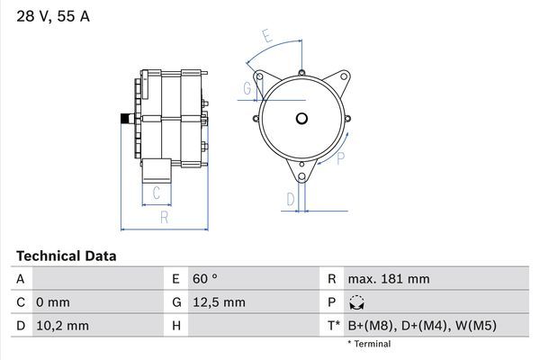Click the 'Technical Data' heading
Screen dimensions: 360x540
tap(66, 256)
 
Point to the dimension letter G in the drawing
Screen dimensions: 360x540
tap(247, 88)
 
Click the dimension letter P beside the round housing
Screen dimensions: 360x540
tap(340, 159)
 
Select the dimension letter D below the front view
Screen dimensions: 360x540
tap(291, 199)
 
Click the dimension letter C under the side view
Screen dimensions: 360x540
tap(156, 193)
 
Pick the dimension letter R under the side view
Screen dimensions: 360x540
tap(164, 217)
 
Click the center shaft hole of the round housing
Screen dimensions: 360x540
tap(301, 118)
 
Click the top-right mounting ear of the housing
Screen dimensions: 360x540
tap(341, 78)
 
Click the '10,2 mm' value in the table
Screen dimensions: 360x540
tap(63, 325)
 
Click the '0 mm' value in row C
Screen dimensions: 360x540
tap(53, 302)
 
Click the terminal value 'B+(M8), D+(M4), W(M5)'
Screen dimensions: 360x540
tap(422, 325)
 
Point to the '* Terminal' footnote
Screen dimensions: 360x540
tap(369, 344)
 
